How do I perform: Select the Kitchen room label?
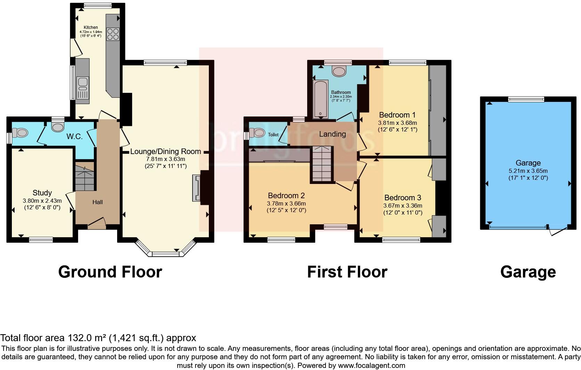pos(91,27)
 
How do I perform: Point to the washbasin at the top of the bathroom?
pos(339,71)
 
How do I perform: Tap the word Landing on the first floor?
pos(333,134)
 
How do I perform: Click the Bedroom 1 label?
pos(397,115)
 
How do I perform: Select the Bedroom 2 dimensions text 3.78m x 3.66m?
pos(286,203)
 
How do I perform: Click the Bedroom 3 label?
pos(403,198)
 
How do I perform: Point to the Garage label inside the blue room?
pos(528,163)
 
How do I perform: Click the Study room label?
pos(42,193)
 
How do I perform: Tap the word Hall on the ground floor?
pos(98,202)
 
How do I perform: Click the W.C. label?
pos(75,137)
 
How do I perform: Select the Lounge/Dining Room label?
pos(165,152)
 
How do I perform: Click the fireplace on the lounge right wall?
pos(197,188)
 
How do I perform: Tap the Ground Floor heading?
pos(110,272)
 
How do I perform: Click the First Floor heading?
pos(347,272)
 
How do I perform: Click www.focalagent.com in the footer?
pos(371,365)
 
